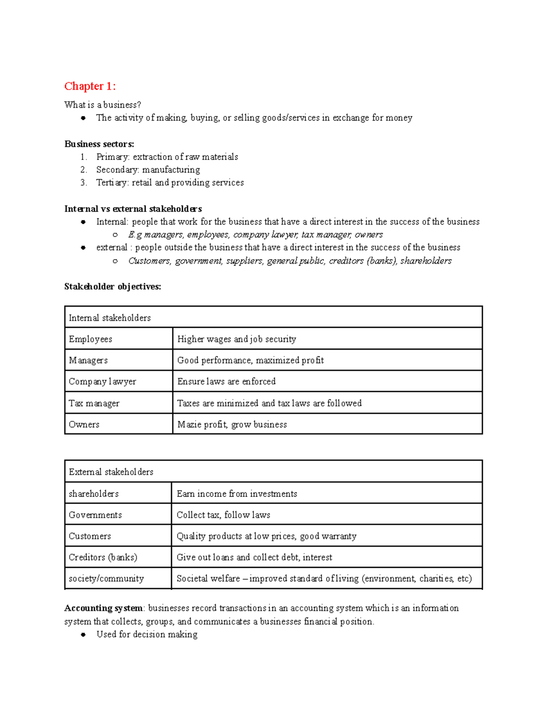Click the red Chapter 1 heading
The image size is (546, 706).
[x=90, y=86]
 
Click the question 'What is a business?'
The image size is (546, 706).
[x=103, y=105]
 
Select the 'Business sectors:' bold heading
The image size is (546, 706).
[x=99, y=144]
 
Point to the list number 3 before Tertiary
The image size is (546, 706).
[x=83, y=183]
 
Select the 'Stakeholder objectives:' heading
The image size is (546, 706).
[x=112, y=286]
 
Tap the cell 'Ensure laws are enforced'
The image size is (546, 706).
[x=226, y=381]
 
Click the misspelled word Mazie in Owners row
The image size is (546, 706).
[x=188, y=424]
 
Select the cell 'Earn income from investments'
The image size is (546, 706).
[x=237, y=494]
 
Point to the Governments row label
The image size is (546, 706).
[x=95, y=515]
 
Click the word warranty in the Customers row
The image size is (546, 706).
[x=339, y=536]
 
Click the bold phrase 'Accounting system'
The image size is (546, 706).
[x=103, y=608]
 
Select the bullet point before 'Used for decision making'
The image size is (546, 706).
[x=83, y=635]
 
